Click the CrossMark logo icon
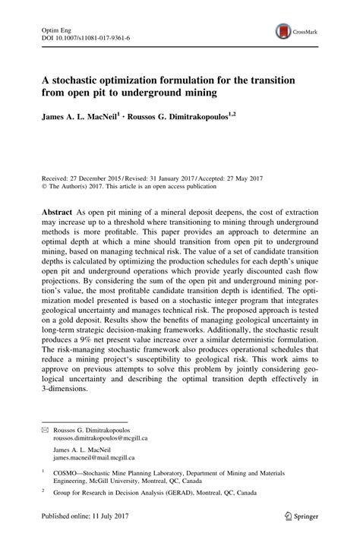(x=283, y=31)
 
